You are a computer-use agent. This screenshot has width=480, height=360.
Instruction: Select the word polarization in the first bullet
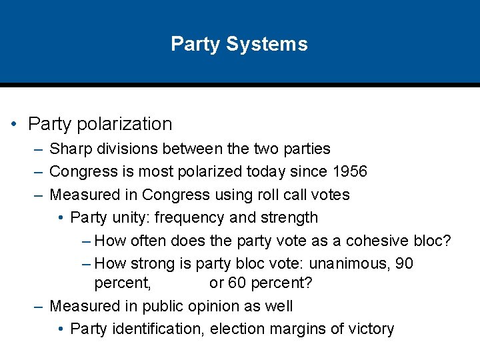click(x=125, y=124)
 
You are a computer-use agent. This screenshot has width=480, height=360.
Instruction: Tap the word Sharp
click(x=70, y=149)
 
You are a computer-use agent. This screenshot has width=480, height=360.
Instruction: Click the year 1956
click(x=349, y=172)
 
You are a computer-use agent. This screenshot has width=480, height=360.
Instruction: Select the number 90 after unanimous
click(x=404, y=263)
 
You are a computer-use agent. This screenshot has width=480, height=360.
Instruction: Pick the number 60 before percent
click(x=237, y=283)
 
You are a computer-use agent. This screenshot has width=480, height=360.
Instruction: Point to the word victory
click(x=370, y=329)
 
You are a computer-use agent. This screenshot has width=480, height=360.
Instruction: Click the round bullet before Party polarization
click(x=15, y=125)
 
